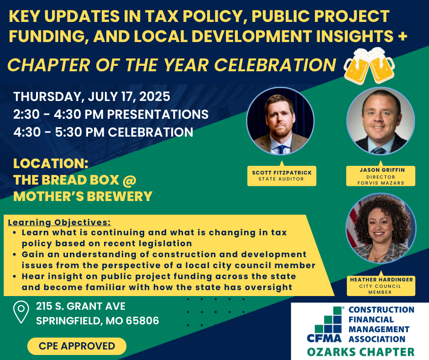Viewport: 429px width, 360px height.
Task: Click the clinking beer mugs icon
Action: pyautogui.click(x=369, y=66)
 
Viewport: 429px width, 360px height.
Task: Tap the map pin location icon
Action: pyautogui.click(x=21, y=312)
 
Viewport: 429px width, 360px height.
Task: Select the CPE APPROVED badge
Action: pyautogui.click(x=77, y=346)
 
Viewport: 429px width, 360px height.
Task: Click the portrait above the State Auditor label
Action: pyautogui.click(x=280, y=121)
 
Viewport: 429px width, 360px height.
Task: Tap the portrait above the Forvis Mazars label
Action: pyautogui.click(x=381, y=121)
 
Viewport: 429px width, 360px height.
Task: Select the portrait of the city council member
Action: pyautogui.click(x=381, y=228)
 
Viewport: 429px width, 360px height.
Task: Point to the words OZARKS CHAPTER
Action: pyautogui.click(x=361, y=352)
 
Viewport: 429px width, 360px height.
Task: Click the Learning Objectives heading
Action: pyautogui.click(x=59, y=222)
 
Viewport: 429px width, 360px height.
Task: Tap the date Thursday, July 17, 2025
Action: pyautogui.click(x=92, y=97)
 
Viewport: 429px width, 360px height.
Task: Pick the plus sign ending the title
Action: pyautogui.click(x=403, y=37)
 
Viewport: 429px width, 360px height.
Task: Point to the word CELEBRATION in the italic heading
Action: pyautogui.click(x=275, y=65)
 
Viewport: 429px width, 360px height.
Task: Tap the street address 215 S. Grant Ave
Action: pyautogui.click(x=81, y=306)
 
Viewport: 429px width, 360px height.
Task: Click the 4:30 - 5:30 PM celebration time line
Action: pyautogui.click(x=103, y=132)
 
